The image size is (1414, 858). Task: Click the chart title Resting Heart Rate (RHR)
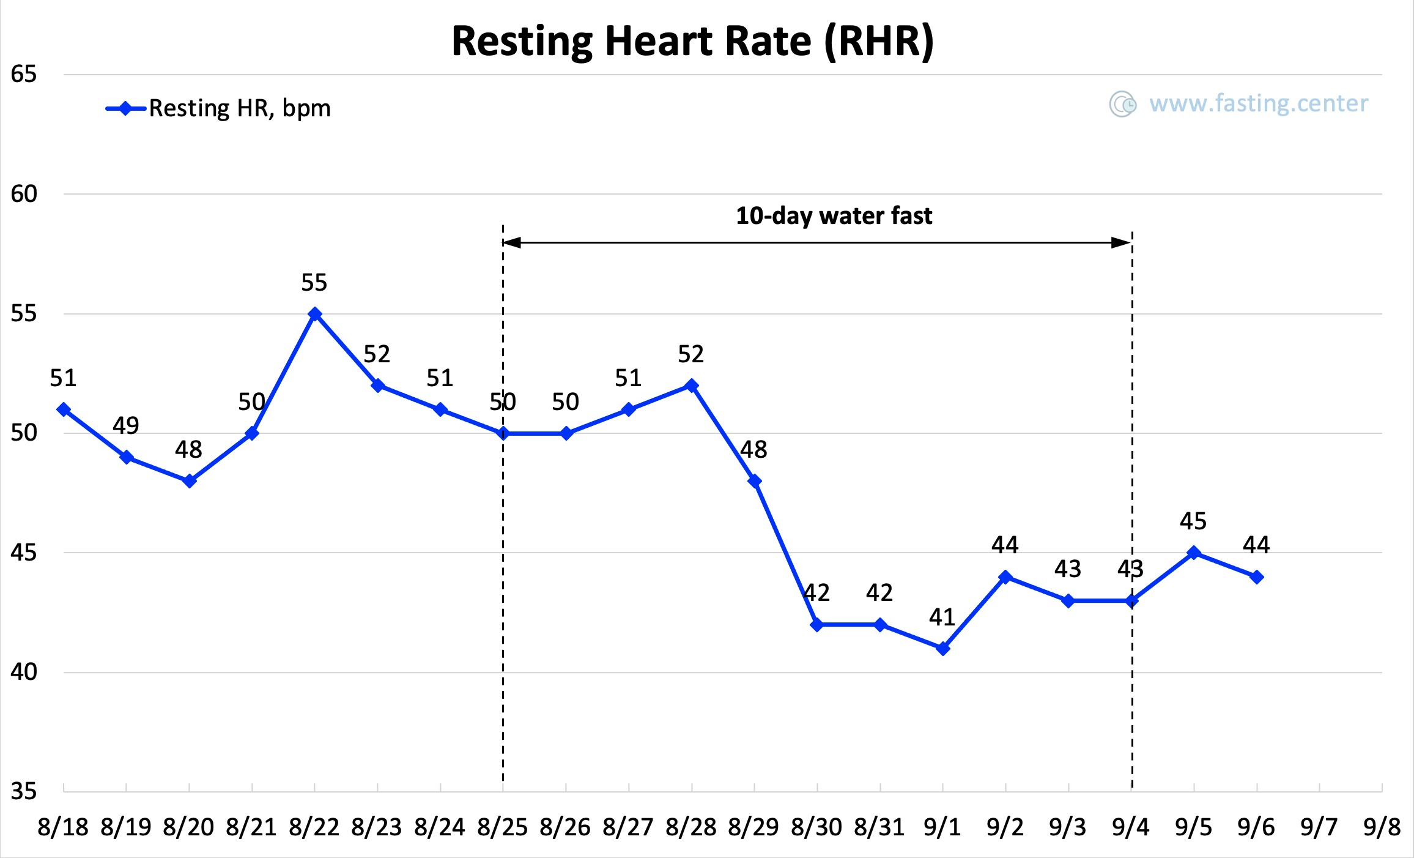coord(692,42)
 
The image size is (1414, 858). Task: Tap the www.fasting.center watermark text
coord(1258,103)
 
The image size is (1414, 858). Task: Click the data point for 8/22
coord(315,314)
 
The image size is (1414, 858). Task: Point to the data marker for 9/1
coord(943,649)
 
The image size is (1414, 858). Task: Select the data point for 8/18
coord(64,409)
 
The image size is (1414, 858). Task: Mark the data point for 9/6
coord(1257,577)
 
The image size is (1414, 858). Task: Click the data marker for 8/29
coord(755,481)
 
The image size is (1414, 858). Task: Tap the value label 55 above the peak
coord(314,283)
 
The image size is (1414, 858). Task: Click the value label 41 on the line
coord(942,617)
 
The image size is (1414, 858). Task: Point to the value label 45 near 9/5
coord(1193,521)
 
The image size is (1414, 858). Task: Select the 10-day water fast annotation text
coord(834,216)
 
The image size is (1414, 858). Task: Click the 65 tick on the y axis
coord(24,74)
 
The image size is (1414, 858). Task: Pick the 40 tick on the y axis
coord(24,672)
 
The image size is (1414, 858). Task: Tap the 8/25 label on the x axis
coord(503,827)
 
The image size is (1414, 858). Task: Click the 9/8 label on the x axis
coord(1382,827)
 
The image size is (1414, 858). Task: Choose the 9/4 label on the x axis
coord(1131,827)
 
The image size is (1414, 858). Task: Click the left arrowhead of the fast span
coord(511,243)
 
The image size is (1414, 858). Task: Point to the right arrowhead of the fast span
coord(1122,243)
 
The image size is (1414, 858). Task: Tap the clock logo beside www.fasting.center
coord(1123,104)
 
